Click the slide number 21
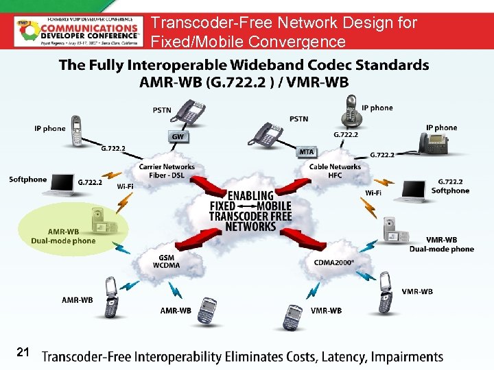(22, 352)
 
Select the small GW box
(178, 137)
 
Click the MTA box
(307, 151)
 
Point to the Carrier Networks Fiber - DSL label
(167, 171)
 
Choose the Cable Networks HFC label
(335, 171)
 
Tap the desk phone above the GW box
(189, 111)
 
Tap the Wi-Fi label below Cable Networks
(374, 193)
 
